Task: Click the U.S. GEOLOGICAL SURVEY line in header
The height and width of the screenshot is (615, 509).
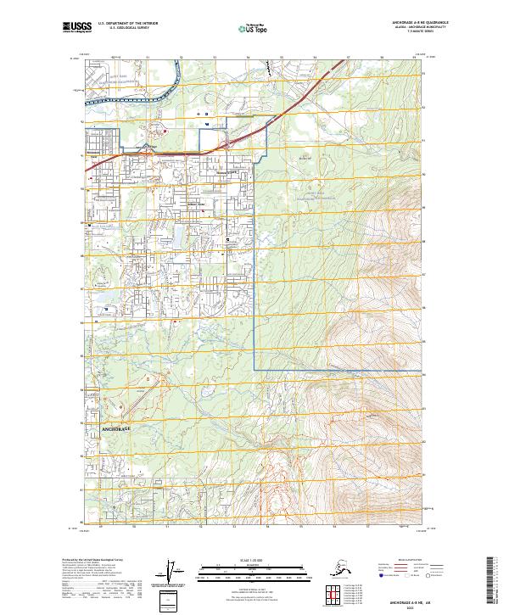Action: (x=126, y=29)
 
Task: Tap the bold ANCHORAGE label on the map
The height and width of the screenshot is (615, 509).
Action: (x=118, y=430)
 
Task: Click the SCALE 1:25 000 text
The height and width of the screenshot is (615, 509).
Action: (x=254, y=561)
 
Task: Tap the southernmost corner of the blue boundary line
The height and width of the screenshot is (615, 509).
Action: (x=255, y=370)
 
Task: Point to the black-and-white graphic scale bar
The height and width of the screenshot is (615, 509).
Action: (x=254, y=567)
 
